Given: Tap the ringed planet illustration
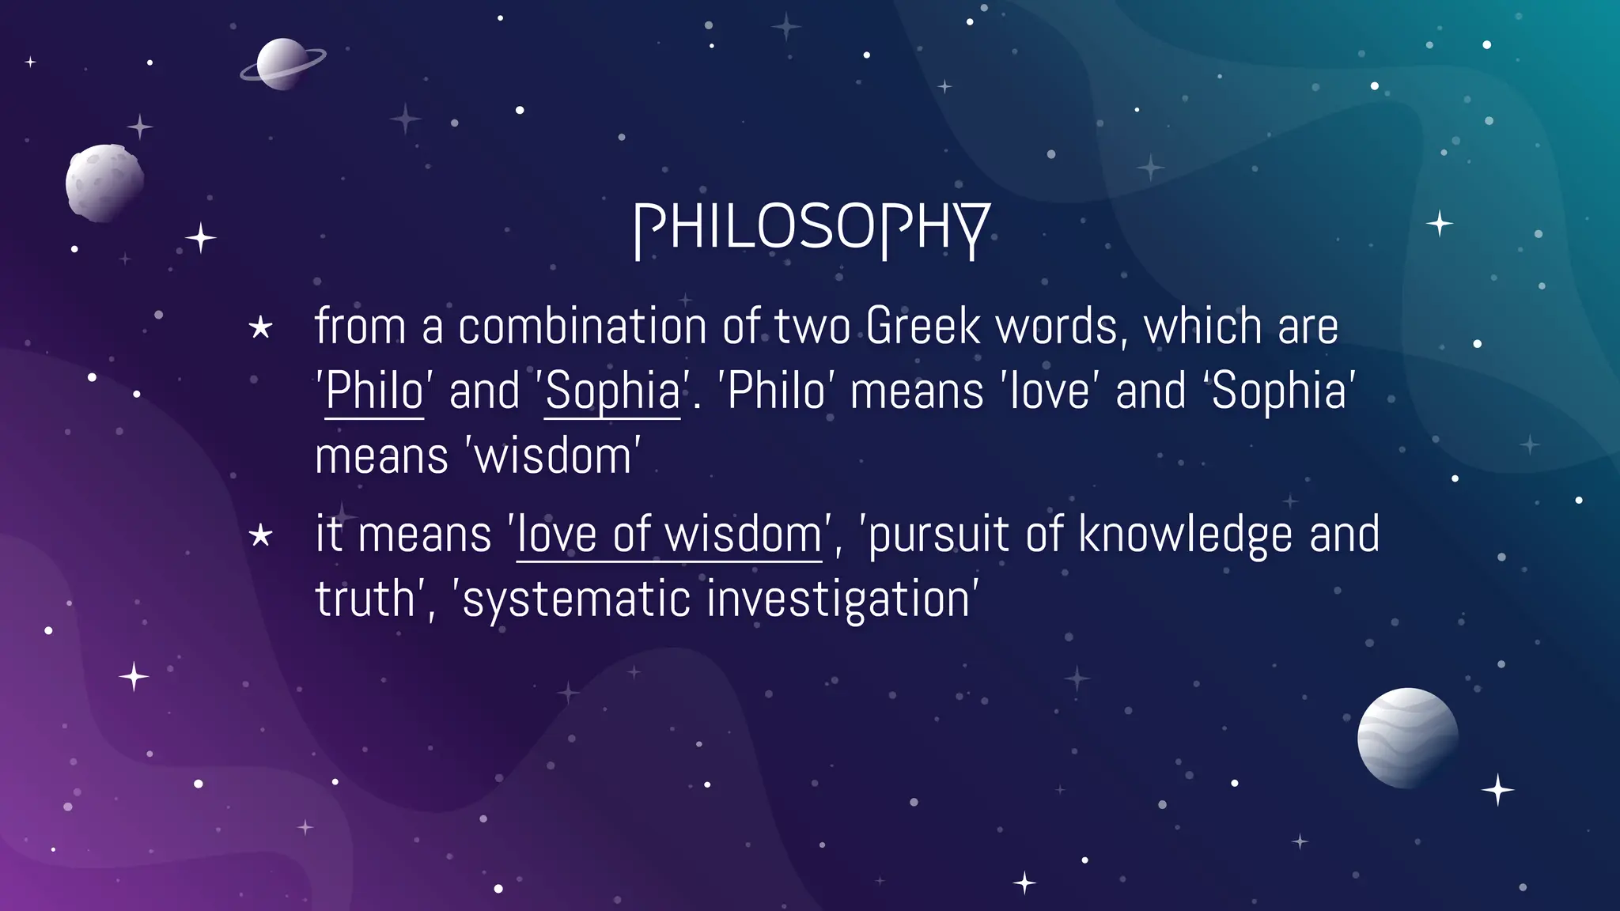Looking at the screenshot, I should (x=281, y=64).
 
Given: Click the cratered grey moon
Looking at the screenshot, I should (x=104, y=183).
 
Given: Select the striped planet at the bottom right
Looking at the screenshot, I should (x=1407, y=738).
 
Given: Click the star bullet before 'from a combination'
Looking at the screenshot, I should (x=260, y=327).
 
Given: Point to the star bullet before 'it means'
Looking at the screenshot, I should (x=260, y=536).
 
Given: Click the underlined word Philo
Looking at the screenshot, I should (x=374, y=391).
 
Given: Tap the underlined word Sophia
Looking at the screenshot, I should (x=612, y=391).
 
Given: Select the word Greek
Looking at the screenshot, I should (x=922, y=326).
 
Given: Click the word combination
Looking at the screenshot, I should (x=582, y=326).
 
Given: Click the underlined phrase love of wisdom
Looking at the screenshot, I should (x=669, y=535).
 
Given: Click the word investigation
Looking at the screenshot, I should (x=838, y=599).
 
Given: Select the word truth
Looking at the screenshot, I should (x=364, y=599).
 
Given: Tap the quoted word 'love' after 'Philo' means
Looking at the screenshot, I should (x=1050, y=391).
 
